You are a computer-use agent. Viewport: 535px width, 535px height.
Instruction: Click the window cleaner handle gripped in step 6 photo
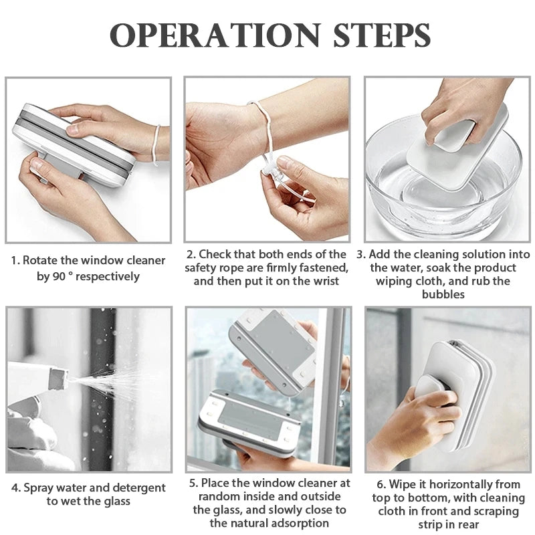[x=434, y=397]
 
